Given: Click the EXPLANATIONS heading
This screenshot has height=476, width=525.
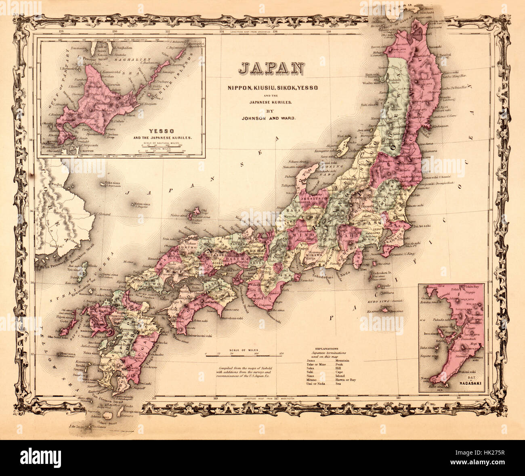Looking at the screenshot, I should [x=328, y=348].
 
